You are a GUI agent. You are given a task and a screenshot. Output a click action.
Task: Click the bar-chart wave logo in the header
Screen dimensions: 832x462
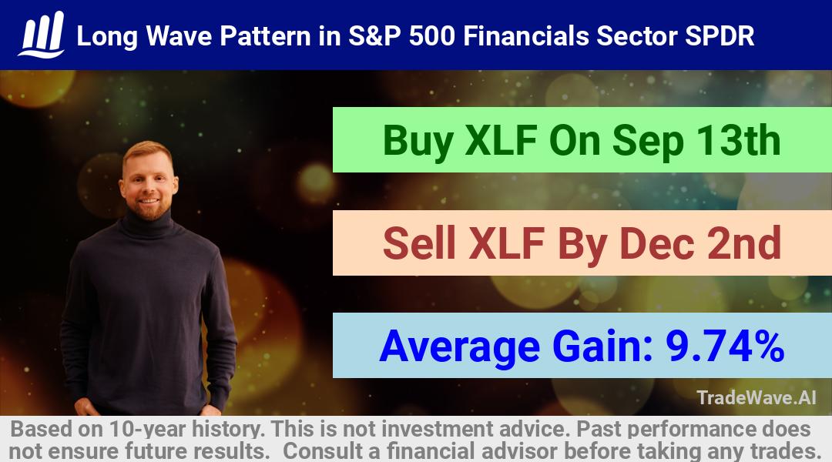point(42,35)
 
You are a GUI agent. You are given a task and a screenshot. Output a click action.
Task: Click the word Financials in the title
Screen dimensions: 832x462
point(526,36)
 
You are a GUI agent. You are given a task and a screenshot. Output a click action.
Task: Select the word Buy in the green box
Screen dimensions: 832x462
point(418,141)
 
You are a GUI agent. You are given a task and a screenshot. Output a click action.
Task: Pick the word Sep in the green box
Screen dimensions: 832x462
point(647,142)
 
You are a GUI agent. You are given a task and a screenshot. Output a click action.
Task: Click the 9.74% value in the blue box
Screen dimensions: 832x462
point(725,346)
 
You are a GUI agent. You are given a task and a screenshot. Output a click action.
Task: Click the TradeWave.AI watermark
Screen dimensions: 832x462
point(757,397)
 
